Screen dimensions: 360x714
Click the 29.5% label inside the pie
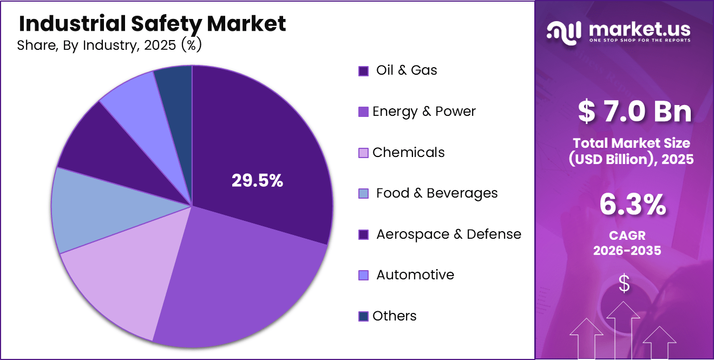[x=257, y=181]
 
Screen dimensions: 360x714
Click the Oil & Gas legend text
[x=407, y=70]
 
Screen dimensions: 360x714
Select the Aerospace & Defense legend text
[x=449, y=234]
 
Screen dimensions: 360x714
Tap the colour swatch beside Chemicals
[x=364, y=153]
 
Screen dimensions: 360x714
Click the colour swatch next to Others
[x=364, y=317]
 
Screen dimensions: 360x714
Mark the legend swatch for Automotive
[x=364, y=276]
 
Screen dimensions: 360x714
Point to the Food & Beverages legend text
[x=437, y=193]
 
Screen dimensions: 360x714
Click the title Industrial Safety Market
[x=152, y=23]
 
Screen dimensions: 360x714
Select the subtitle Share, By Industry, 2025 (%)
[x=109, y=45]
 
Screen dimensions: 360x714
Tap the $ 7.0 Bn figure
[x=634, y=111]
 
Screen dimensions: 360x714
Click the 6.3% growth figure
[x=632, y=206]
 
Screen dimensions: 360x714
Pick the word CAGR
[x=627, y=236]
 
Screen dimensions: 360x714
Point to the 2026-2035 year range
[x=627, y=251]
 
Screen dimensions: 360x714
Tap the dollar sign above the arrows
[x=624, y=284]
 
